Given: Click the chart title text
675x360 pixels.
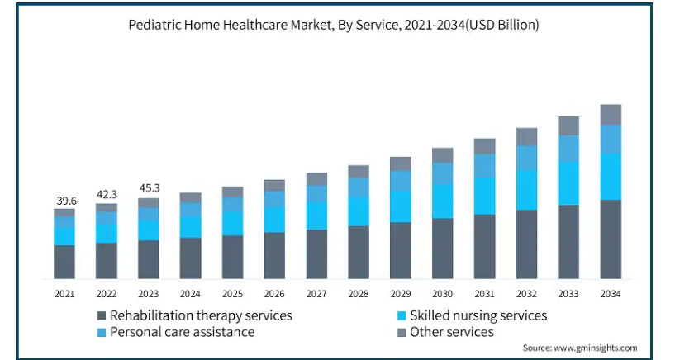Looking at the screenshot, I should (334, 26).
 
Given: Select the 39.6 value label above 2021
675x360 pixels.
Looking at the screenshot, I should (64, 201).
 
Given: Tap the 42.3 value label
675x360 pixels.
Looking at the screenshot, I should (107, 196).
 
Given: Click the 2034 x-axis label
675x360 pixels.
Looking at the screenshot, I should (611, 293).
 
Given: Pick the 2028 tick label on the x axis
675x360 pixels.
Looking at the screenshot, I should (359, 293).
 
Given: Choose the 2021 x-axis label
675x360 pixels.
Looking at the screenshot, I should (64, 293).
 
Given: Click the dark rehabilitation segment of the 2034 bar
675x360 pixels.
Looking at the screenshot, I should (611, 239).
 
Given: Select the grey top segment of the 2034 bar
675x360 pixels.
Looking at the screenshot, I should (611, 115).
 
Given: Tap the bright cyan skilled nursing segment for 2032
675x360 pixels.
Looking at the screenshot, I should (526, 189).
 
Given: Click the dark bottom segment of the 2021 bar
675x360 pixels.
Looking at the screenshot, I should (64, 262).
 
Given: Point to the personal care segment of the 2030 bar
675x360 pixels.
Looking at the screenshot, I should (443, 173).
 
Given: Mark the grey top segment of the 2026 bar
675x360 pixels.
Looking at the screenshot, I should (274, 185).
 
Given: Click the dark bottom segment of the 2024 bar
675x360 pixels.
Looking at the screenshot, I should (191, 258).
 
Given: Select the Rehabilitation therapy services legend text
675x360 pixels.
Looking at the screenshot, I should (202, 315).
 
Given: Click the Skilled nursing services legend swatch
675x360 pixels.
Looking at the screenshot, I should (402, 315).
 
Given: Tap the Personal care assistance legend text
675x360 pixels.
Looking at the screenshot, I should (182, 332).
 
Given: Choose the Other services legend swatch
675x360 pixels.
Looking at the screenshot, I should (402, 332).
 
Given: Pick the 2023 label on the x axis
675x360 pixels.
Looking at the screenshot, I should (149, 293).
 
